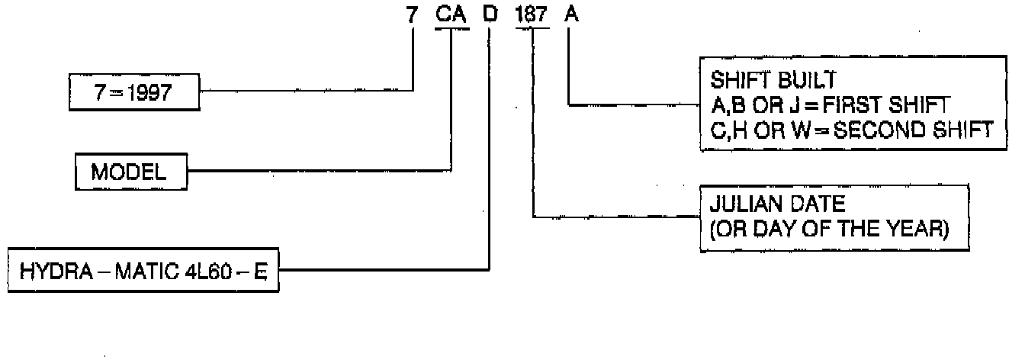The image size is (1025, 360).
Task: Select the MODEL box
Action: point(130,172)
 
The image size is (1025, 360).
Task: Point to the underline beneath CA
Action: point(451,29)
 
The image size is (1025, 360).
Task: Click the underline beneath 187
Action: point(532,29)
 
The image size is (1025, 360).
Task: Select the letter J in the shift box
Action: point(789,104)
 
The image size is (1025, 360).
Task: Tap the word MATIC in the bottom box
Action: point(137,271)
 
